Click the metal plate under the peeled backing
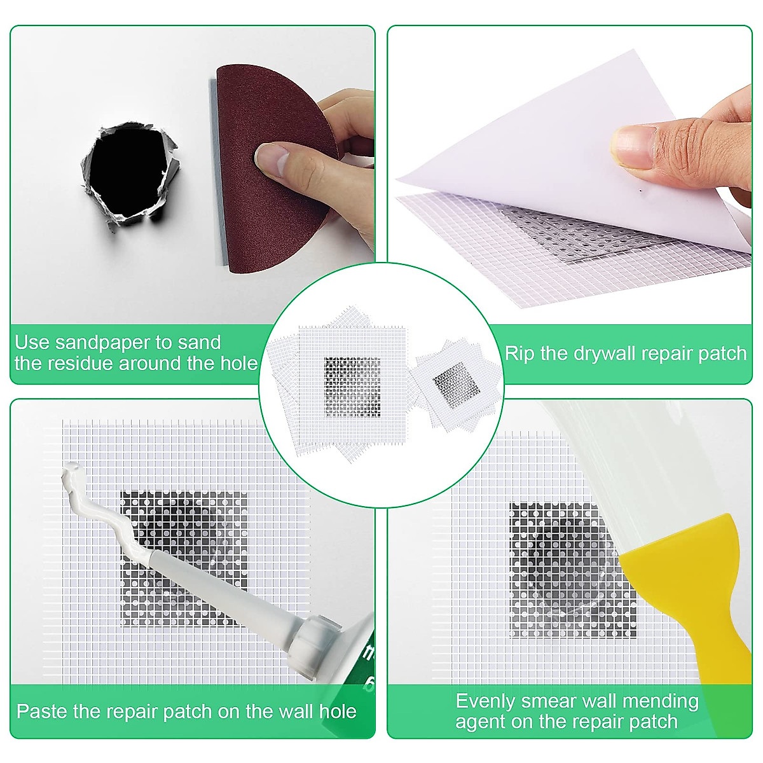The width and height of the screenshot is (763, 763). pyautogui.click(x=572, y=235)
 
